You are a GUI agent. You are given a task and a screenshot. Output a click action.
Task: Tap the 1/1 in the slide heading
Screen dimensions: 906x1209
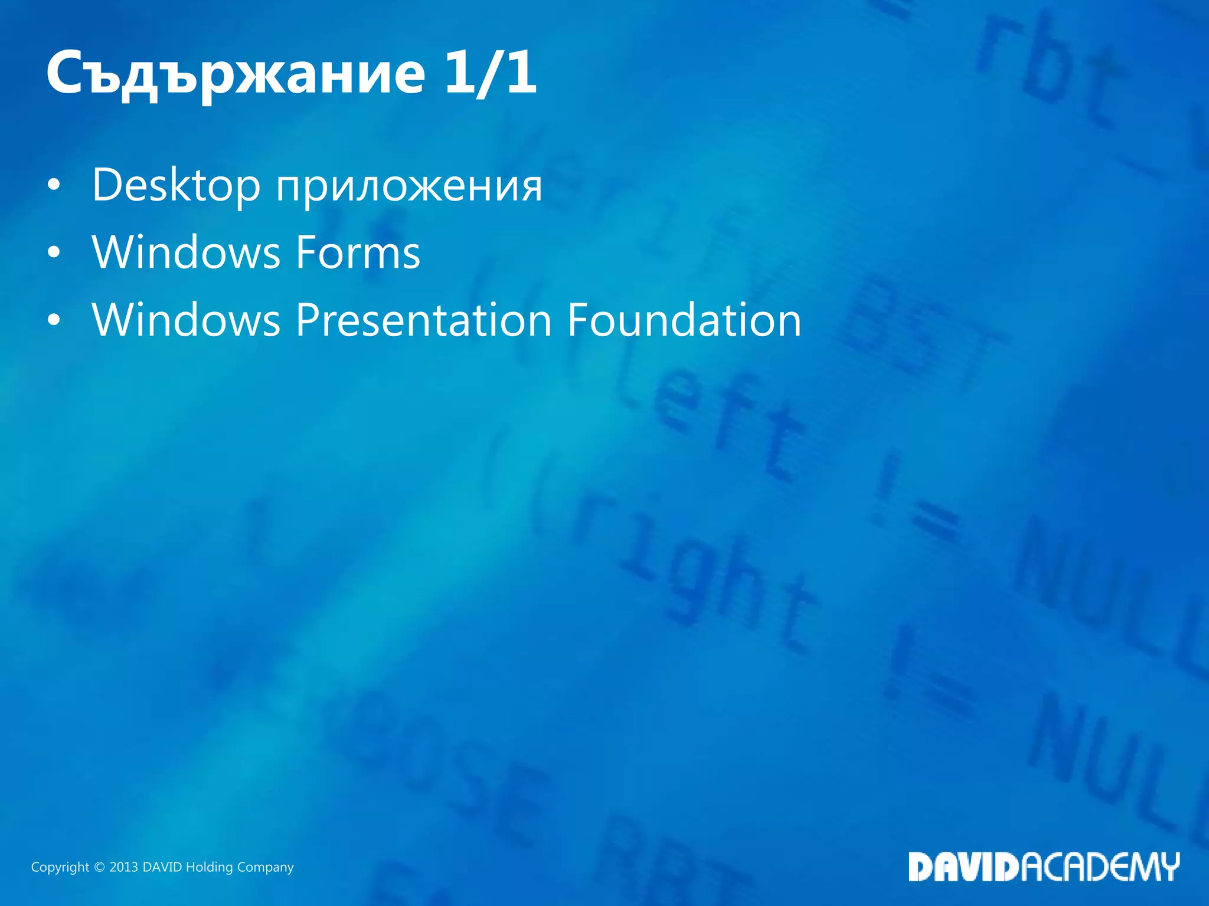tap(490, 73)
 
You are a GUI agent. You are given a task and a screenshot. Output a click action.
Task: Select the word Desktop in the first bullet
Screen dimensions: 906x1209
tap(176, 185)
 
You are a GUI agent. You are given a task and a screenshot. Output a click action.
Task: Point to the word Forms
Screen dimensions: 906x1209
tap(358, 252)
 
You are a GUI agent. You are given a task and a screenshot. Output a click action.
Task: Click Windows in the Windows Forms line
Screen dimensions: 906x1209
tap(186, 252)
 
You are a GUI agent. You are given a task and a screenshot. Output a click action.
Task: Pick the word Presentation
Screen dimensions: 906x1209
tap(423, 320)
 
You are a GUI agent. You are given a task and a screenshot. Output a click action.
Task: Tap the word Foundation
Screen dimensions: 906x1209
tap(684, 320)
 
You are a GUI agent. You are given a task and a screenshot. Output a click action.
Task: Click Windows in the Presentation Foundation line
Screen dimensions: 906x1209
tap(186, 320)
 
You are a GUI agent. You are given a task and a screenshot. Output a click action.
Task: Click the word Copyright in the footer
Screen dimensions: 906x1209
tap(60, 867)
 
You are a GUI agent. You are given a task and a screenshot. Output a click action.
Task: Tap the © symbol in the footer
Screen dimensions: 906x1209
tap(99, 867)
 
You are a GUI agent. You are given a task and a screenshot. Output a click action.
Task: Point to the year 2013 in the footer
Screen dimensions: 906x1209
tap(123, 867)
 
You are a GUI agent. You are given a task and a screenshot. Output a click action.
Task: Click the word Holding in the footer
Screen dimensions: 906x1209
tap(209, 867)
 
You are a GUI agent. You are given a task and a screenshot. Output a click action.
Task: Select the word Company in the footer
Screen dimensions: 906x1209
tap(265, 867)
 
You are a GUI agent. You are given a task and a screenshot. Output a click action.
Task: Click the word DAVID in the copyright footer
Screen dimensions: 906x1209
tap(162, 867)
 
